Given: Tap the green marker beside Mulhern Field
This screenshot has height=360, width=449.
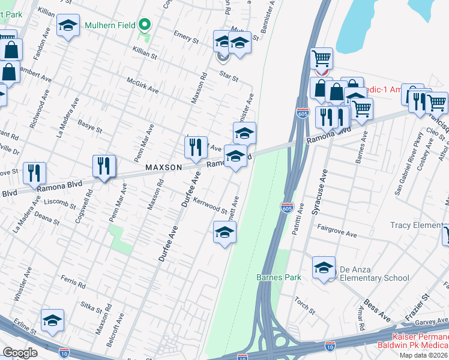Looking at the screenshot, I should tap(144, 25).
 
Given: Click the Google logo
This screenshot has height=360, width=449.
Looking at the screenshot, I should tap(20, 353).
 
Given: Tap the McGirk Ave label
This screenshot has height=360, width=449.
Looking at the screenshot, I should tap(142, 85).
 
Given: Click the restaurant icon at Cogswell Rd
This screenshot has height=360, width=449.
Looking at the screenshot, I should tap(104, 166).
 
